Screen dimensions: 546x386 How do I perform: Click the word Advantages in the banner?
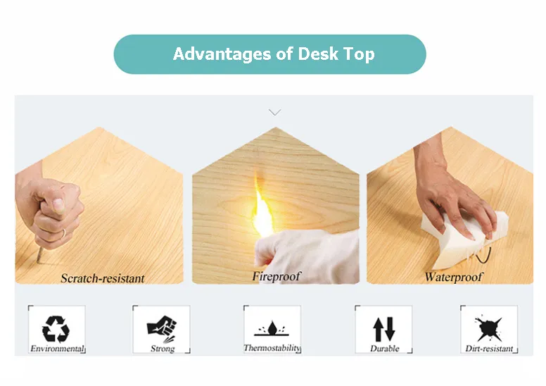coord(222,54)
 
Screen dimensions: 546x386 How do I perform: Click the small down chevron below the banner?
coord(274,112)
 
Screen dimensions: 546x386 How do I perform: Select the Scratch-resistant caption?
coord(103,278)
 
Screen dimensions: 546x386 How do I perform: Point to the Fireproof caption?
coord(276,276)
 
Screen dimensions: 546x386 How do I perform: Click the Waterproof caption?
coord(453,277)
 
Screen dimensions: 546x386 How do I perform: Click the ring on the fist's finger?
coord(64,233)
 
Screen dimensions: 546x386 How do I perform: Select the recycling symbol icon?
coord(56,329)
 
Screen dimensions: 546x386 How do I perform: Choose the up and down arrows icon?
coord(383,329)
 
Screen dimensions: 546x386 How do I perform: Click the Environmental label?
coord(57,349)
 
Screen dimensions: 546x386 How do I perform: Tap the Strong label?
coord(163,349)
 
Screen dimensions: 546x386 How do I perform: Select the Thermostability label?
coord(272,348)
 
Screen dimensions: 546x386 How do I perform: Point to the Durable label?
coord(384,349)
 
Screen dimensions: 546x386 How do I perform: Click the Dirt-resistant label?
coord(489,349)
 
